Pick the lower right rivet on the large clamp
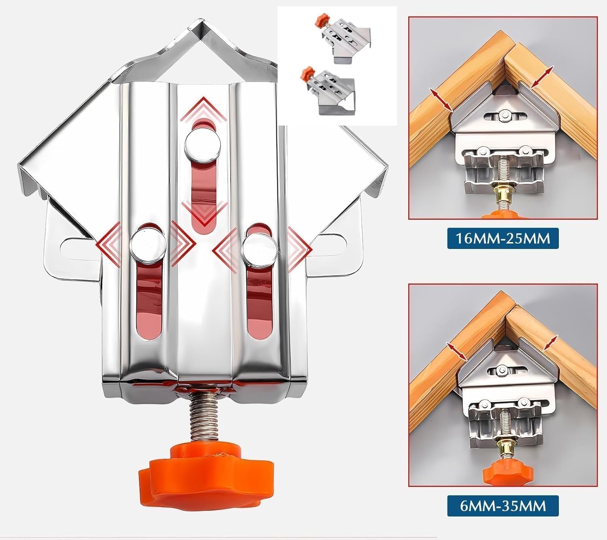click(x=259, y=247)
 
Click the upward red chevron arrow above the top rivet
click(x=204, y=109)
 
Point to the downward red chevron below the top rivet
click(x=204, y=210)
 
